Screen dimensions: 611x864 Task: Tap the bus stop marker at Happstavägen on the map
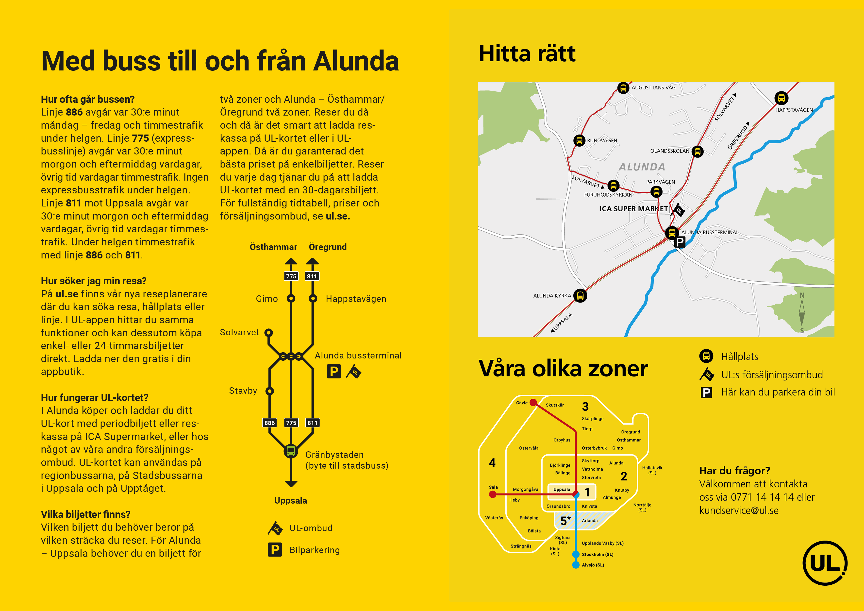pyautogui.click(x=781, y=98)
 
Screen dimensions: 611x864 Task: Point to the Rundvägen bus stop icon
pyautogui.click(x=579, y=140)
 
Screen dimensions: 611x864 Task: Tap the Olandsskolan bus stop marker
pyautogui.click(x=697, y=151)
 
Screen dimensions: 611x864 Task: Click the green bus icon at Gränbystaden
pyautogui.click(x=291, y=451)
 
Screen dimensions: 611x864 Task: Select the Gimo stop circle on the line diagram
pyautogui.click(x=291, y=299)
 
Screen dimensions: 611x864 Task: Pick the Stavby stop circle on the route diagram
pyautogui.click(x=269, y=391)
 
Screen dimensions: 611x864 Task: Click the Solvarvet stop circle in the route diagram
pyautogui.click(x=268, y=332)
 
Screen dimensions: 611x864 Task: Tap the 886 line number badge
pyautogui.click(x=269, y=423)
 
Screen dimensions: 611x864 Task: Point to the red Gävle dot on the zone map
pyautogui.click(x=533, y=402)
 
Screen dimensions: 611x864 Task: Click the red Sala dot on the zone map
pyautogui.click(x=493, y=494)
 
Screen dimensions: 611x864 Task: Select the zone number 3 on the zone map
pyautogui.click(x=585, y=407)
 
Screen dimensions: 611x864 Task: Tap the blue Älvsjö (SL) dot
pyautogui.click(x=576, y=565)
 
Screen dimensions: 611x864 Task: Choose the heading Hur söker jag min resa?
pyautogui.click(x=94, y=281)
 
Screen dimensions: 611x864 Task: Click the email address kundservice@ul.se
pyautogui.click(x=739, y=510)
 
